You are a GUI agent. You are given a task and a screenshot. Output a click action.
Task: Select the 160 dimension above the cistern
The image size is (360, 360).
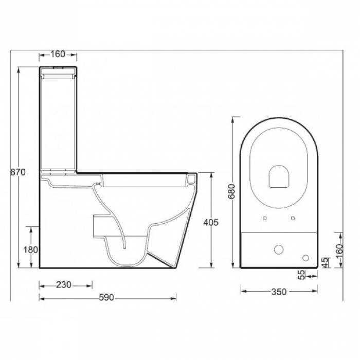click(x=58, y=53)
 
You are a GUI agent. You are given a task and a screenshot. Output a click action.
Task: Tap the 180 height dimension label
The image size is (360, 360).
click(x=31, y=249)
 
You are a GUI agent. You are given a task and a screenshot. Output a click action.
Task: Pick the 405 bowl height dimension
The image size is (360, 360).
click(x=212, y=222)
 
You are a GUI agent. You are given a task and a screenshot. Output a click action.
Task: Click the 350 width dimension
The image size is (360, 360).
click(x=278, y=292)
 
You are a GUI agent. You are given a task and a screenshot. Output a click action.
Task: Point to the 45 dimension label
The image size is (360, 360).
click(x=325, y=262)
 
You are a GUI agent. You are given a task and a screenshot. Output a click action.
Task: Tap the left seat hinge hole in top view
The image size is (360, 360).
click(x=265, y=219)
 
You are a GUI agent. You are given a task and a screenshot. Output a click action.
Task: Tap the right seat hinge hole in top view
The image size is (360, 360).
click(x=293, y=219)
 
